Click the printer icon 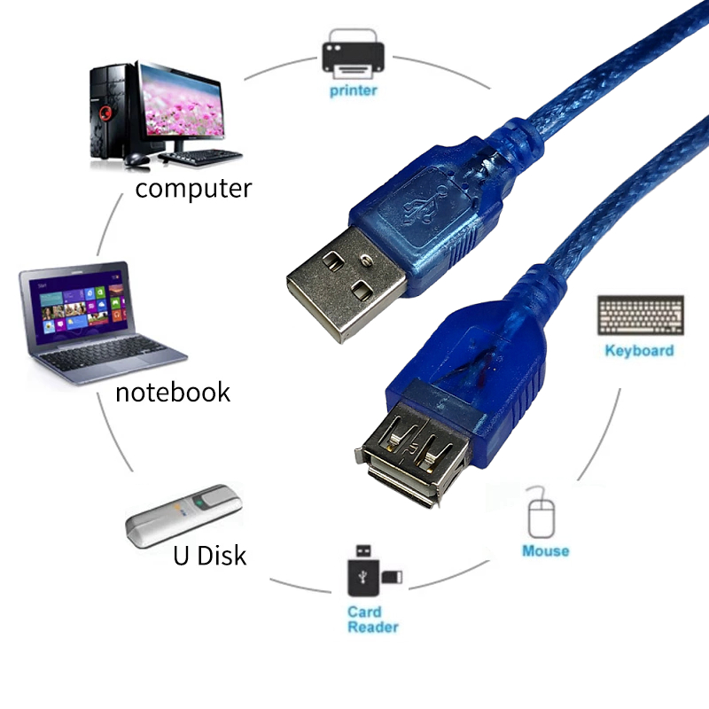tap(353, 52)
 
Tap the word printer tap(353, 90)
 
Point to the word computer tap(193, 188)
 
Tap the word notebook tap(173, 392)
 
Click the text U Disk tap(209, 556)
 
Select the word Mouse tap(545, 551)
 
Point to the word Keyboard tap(639, 351)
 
